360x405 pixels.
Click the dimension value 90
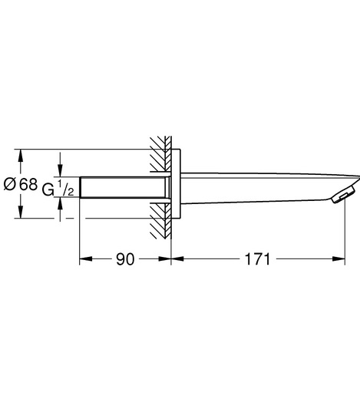tap(125, 259)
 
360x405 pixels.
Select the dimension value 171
tap(257, 259)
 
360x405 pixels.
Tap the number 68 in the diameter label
tap(28, 184)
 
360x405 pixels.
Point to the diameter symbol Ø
tap(11, 184)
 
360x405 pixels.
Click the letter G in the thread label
tap(48, 186)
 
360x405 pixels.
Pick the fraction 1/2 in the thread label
tap(67, 187)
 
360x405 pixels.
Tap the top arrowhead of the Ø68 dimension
tap(22, 153)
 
